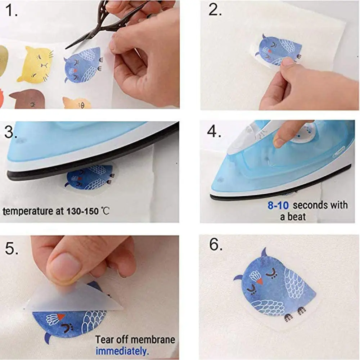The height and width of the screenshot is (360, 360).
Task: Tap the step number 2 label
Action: tap(215, 11)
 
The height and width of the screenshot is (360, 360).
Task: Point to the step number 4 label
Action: tap(214, 132)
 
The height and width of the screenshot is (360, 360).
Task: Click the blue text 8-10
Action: tap(279, 206)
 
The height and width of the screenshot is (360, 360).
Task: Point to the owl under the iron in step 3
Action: tap(90, 177)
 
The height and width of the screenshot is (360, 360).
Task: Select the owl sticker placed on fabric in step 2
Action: tap(279, 50)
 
